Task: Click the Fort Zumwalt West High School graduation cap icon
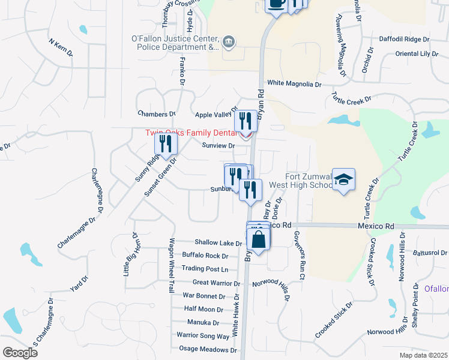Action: tap(344, 179)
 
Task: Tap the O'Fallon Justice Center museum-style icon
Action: tap(229, 41)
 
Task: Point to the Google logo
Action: tap(20, 352)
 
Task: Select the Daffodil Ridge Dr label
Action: tap(405, 39)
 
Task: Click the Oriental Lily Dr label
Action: tap(417, 54)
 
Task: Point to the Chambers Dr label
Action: tap(156, 113)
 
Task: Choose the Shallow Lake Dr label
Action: tap(214, 244)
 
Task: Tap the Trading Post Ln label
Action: tap(205, 269)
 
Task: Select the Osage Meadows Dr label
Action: tap(208, 349)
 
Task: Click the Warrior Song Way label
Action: tap(203, 336)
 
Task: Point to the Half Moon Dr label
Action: tap(203, 309)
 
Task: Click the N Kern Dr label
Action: tap(60, 49)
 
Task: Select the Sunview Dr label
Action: tap(218, 146)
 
